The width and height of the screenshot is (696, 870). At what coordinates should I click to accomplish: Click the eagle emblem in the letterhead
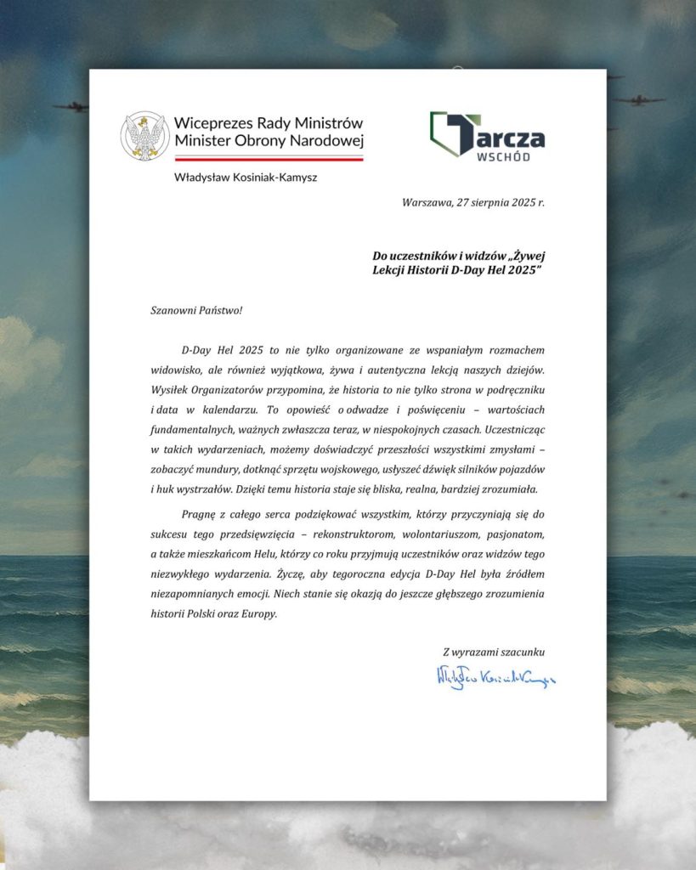click(144, 136)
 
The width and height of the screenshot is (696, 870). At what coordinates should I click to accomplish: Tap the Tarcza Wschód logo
click(487, 135)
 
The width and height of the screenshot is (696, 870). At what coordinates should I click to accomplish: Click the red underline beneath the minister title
click(269, 158)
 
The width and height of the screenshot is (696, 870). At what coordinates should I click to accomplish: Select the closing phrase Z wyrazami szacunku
click(494, 652)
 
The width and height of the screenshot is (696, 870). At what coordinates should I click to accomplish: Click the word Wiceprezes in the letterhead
click(211, 122)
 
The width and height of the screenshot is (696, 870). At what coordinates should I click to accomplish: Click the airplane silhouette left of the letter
click(70, 107)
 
